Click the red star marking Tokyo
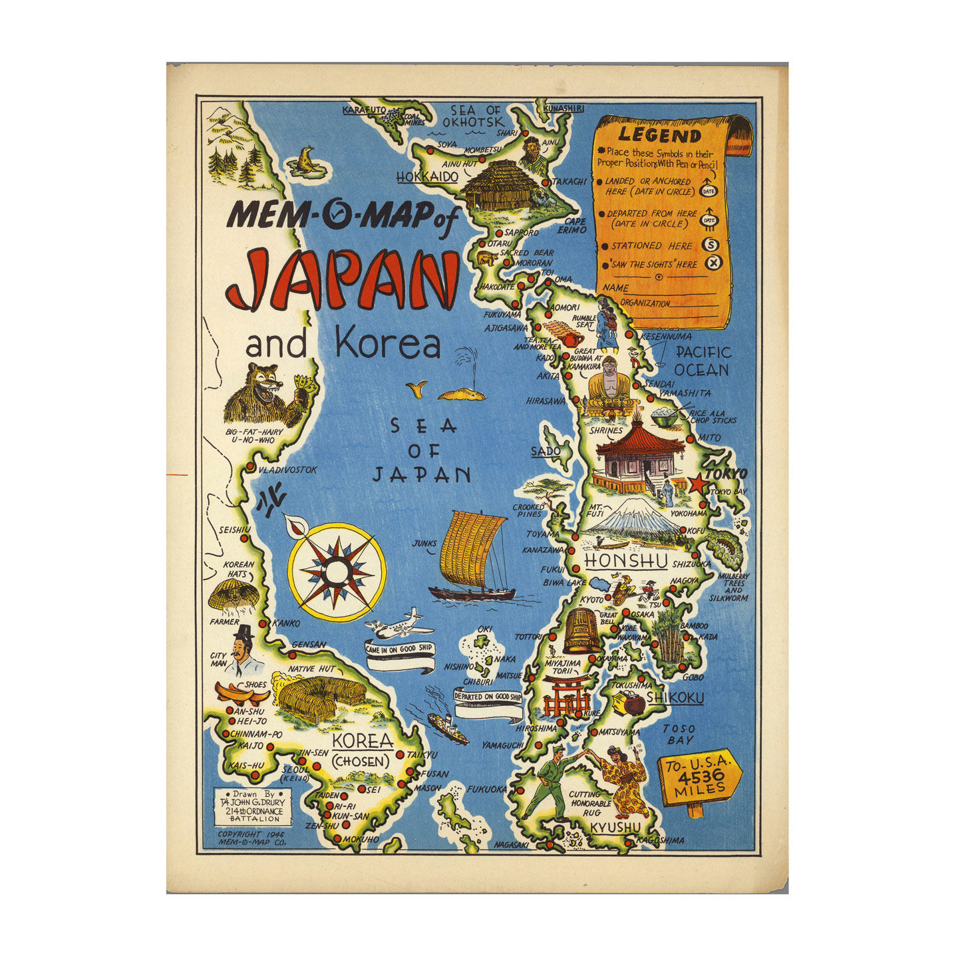tap(698, 484)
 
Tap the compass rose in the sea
tap(337, 570)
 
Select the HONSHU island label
tap(625, 561)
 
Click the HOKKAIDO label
tap(427, 177)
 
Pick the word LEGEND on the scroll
tap(659, 135)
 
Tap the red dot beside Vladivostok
tap(251, 468)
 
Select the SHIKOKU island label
tap(675, 697)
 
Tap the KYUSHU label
tap(615, 827)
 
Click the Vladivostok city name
tap(287, 470)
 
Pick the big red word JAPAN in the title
tap(343, 279)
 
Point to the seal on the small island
tap(306, 160)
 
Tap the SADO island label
tap(546, 452)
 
